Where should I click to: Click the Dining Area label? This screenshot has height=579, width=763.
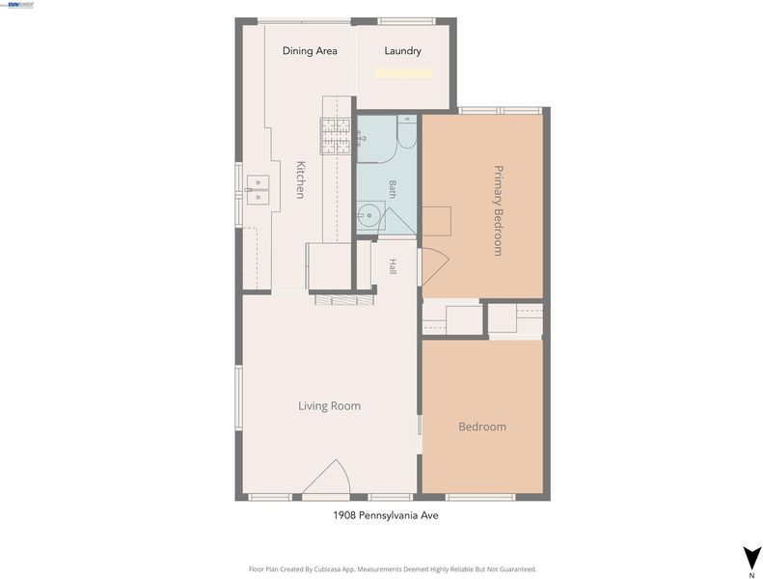coord(310,50)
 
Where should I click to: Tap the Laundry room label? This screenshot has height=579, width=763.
coord(402,50)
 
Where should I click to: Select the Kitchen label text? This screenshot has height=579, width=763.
coord(301,179)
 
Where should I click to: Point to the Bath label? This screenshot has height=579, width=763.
coord(393,189)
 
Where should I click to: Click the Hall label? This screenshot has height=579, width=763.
coord(393,266)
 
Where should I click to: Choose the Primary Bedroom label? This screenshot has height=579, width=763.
coord(499,210)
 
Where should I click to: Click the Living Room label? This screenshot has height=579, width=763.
coord(330,405)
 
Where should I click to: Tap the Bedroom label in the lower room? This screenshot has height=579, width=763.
coord(482,427)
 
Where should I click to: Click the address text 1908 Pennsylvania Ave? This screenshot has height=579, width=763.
coord(386,515)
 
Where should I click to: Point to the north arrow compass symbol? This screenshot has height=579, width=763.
coord(751,558)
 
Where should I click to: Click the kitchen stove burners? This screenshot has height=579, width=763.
coord(336,136)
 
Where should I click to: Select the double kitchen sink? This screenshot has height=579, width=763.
coord(258,190)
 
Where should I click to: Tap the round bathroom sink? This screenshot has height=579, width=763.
coord(369,215)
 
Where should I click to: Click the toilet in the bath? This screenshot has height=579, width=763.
coord(407,131)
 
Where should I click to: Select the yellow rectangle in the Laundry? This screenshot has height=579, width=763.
coord(403,73)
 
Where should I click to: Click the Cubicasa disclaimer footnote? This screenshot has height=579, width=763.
coord(393,568)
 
